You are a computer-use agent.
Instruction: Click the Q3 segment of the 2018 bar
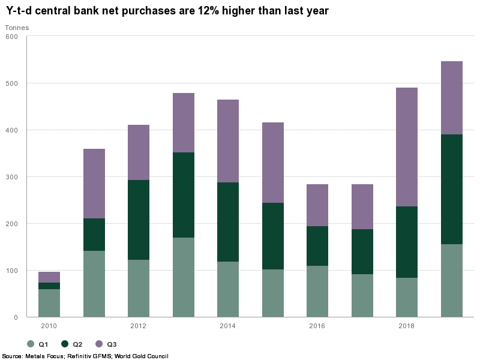coord(407,147)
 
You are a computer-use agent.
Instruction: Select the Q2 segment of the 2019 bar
coord(452,189)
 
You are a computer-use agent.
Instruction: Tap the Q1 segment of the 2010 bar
coord(49,303)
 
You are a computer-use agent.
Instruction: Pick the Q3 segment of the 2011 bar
coord(94,184)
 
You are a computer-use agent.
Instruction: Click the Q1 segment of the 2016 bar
coord(317,292)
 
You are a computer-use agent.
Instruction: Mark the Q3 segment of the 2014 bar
coord(228,141)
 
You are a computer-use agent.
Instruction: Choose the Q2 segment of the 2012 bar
coord(139,220)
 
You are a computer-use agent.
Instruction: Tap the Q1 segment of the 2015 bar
coord(273,293)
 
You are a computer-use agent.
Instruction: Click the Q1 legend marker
coord(30,344)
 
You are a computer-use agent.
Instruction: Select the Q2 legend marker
coord(64,344)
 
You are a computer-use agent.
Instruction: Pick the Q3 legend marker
coord(98,344)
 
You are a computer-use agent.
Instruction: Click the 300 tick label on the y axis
coord(13,177)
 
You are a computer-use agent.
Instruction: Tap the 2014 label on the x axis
coord(228,326)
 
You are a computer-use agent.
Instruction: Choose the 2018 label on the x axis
coord(407,326)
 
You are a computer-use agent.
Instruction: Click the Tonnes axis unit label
coord(17,28)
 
